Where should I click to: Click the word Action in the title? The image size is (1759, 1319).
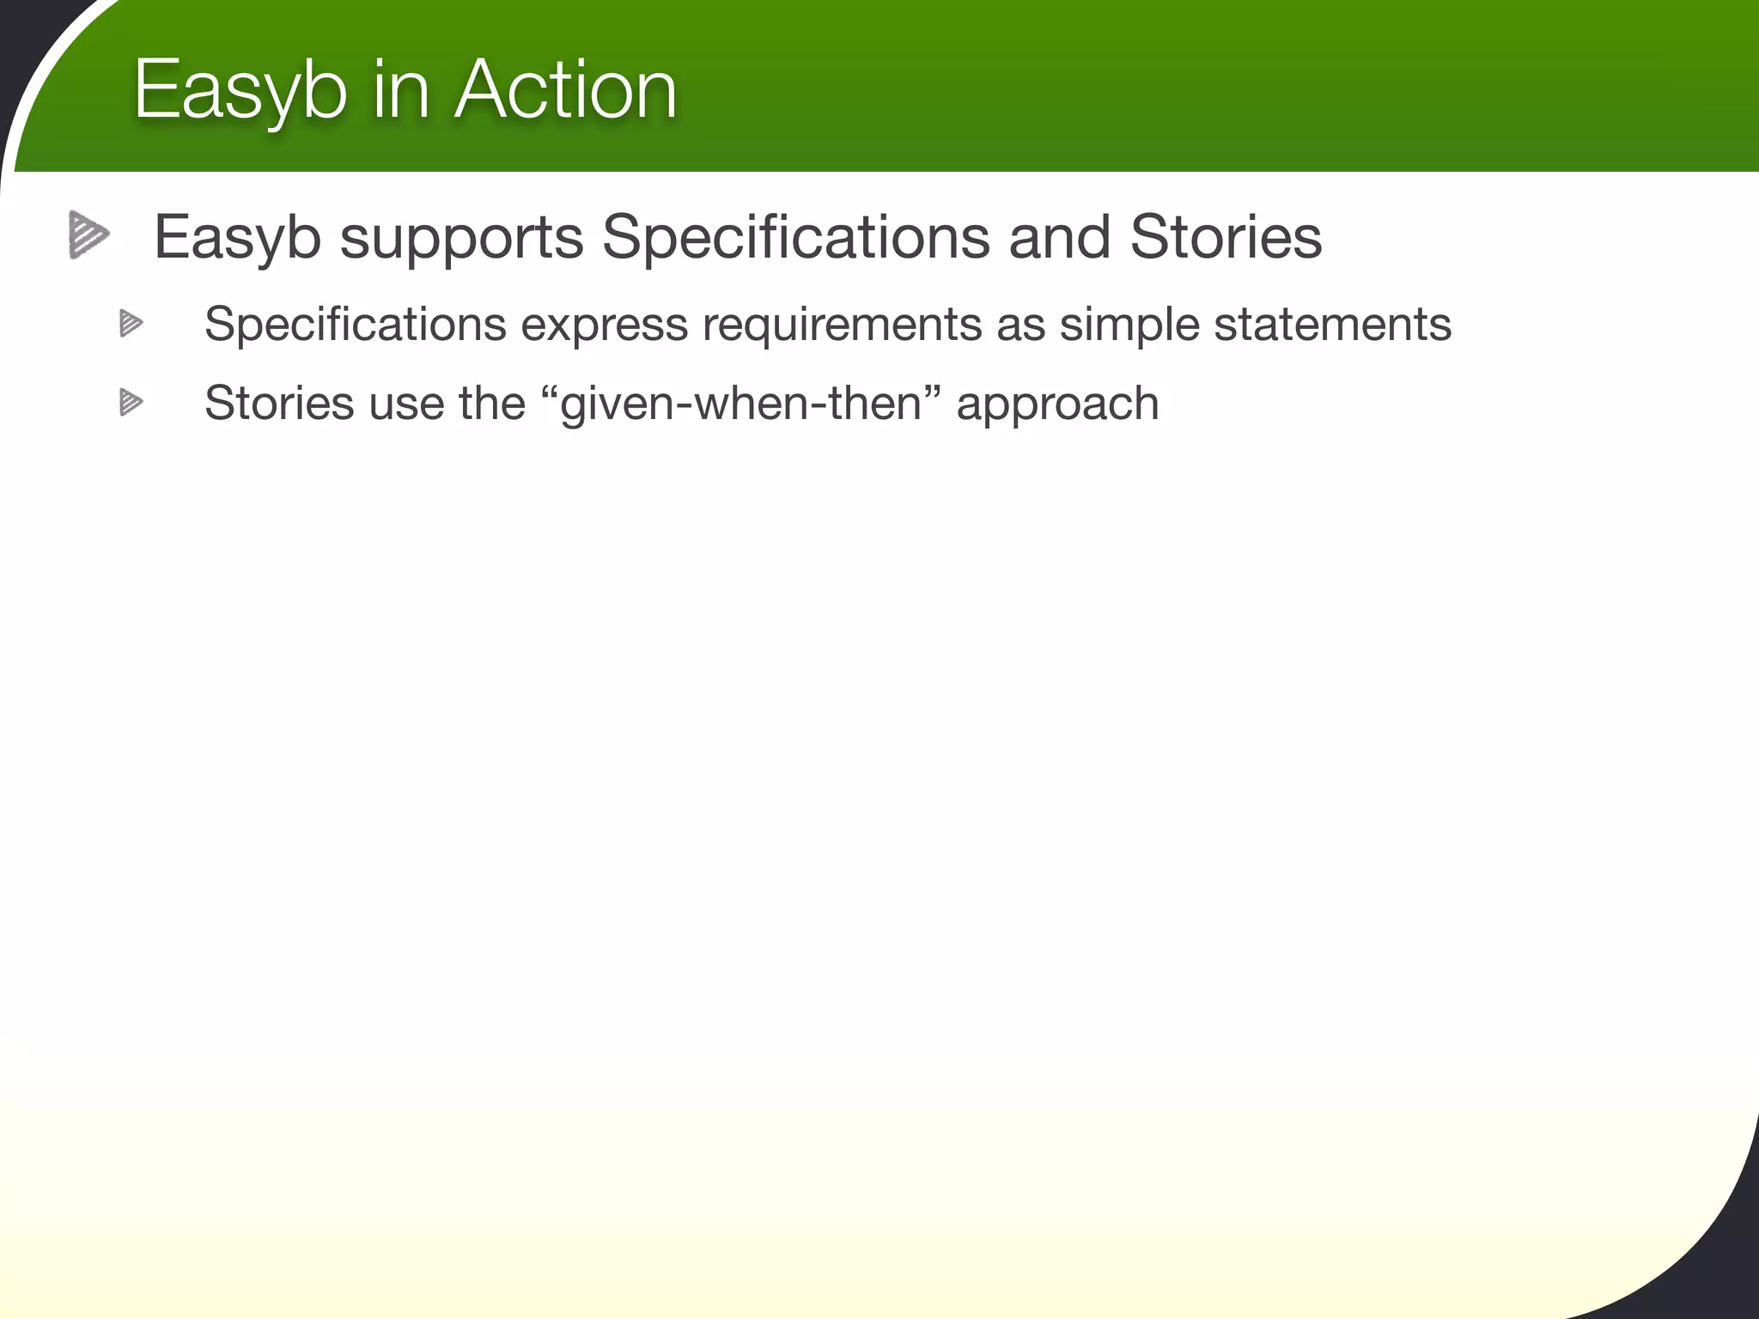[x=565, y=89]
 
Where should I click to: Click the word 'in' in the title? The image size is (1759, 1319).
[x=400, y=89]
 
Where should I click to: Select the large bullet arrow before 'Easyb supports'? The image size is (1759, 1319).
[x=89, y=234]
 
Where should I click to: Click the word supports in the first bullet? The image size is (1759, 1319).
[x=461, y=239]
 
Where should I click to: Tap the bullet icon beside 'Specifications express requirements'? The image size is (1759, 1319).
[x=131, y=324]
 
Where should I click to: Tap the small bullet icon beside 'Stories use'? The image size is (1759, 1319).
[x=131, y=402]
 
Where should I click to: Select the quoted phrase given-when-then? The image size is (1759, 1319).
[x=740, y=404]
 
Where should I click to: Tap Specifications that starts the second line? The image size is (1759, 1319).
[x=356, y=325]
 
